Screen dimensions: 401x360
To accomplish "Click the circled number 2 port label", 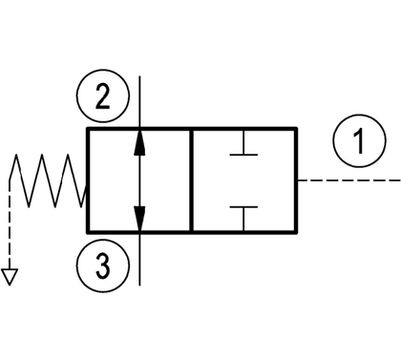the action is click(103, 95).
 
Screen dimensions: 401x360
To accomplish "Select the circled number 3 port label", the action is click(103, 265).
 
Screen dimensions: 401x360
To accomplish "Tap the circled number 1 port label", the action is click(360, 141).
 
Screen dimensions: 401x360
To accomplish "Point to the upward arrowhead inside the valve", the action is click(139, 142).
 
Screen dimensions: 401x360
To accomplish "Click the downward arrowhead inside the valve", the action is click(139, 219).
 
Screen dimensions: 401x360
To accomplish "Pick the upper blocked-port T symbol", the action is click(243, 142).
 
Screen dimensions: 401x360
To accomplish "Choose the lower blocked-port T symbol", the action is click(243, 219).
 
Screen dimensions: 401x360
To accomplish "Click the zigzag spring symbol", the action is click(48, 180).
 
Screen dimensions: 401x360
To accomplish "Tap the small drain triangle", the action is click(10, 277).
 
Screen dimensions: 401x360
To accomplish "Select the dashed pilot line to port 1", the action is click(349, 180).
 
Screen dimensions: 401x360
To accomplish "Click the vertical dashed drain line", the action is click(10, 225).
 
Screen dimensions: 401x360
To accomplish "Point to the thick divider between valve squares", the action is click(192, 180).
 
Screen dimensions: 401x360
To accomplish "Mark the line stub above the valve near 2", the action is click(139, 102).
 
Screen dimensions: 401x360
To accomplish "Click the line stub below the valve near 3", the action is click(139, 260).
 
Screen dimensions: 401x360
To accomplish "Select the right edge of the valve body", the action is click(296, 180).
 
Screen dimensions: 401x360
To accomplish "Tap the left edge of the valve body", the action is click(88, 180).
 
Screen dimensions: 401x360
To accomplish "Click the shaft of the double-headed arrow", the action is click(139, 180).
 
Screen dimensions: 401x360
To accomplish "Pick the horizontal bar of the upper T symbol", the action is click(243, 155).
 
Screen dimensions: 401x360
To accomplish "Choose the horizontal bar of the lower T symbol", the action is click(243, 207).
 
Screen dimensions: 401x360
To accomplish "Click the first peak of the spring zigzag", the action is click(15, 155).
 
